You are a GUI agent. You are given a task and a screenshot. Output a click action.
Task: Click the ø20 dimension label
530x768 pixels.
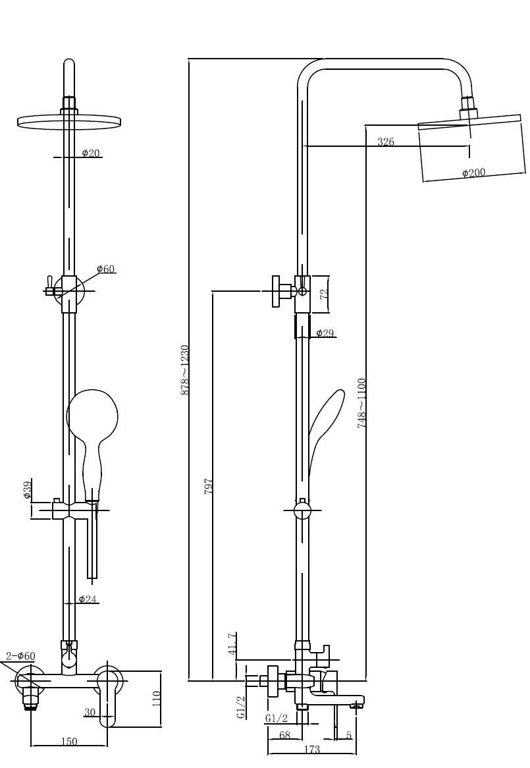[91, 153]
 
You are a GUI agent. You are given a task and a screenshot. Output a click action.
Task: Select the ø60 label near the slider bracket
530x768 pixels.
[106, 269]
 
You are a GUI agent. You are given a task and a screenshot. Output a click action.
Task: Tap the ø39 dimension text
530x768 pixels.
[28, 490]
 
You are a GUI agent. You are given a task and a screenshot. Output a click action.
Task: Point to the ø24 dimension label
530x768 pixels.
[88, 599]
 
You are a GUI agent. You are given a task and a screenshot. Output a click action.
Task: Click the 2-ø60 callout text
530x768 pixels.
[20, 656]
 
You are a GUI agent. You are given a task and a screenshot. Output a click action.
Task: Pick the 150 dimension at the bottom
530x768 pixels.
[69, 742]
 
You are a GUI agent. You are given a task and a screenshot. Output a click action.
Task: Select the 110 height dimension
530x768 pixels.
[157, 698]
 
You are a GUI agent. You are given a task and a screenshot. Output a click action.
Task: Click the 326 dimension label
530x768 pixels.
[386, 142]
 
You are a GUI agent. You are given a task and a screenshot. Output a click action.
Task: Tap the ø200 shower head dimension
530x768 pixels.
[473, 173]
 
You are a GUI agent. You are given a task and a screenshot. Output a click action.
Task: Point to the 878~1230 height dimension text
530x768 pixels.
[185, 370]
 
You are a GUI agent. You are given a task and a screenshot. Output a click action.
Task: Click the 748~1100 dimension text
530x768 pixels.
[362, 403]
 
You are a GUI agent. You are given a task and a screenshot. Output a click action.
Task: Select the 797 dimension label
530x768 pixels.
[208, 486]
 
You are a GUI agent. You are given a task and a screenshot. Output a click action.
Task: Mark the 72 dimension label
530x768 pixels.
[324, 294]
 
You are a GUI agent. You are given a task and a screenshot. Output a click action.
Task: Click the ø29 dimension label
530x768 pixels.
[325, 333]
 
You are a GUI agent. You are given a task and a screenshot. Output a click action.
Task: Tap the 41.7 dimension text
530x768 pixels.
[232, 644]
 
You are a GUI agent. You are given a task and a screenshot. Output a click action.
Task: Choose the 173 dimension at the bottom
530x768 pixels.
[312, 750]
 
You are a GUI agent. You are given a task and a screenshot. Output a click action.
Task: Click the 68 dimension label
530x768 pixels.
[284, 735]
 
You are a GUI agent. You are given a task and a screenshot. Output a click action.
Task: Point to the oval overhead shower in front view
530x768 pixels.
[69, 121]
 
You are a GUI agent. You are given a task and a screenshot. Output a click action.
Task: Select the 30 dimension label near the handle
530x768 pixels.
[90, 712]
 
